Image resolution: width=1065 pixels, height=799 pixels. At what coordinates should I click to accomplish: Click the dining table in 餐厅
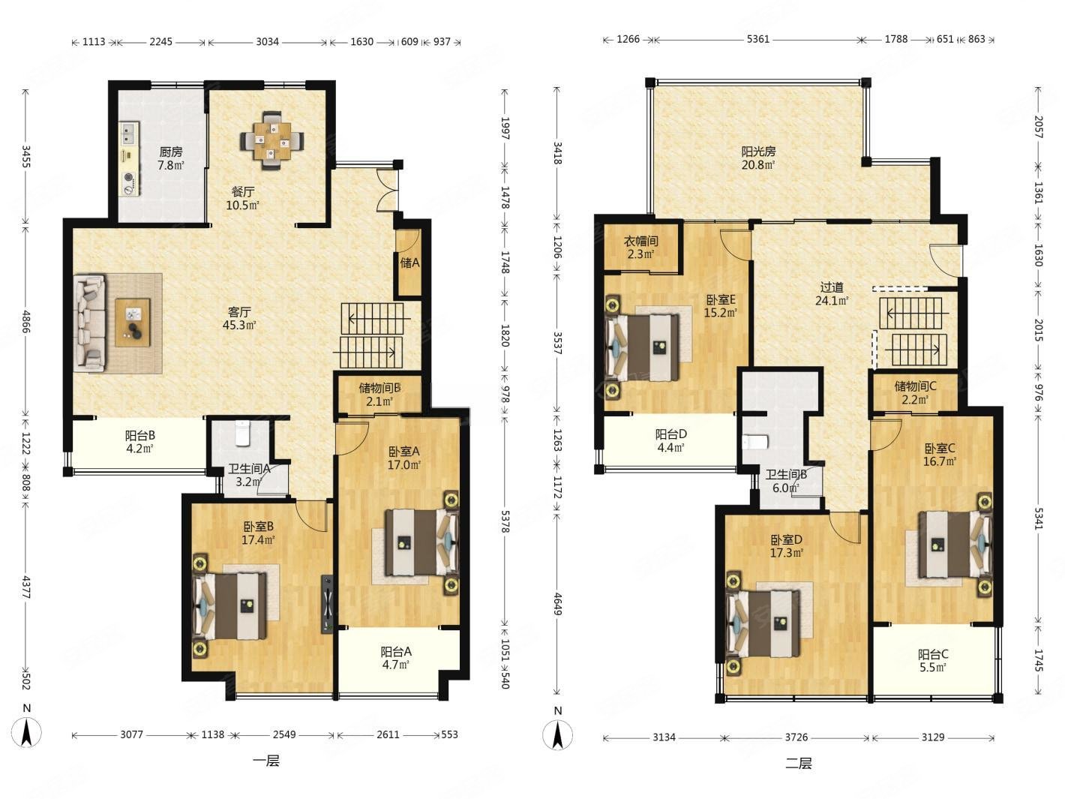[x=273, y=141]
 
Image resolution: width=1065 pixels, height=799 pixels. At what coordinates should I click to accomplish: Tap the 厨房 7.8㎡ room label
[x=171, y=158]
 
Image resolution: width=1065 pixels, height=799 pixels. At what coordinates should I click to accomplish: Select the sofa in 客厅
[x=90, y=323]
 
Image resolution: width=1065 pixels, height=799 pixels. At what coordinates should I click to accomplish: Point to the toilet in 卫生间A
[x=241, y=433]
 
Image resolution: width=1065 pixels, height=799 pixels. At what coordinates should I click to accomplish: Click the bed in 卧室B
[x=229, y=605]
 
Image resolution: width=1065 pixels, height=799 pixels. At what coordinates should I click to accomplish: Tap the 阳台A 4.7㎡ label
[x=396, y=658]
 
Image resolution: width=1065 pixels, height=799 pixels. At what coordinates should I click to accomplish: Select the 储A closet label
[x=409, y=263]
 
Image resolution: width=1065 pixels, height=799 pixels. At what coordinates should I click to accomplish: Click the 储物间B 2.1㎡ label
[x=379, y=395]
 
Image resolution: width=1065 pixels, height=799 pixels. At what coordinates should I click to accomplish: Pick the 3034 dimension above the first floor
[x=267, y=42]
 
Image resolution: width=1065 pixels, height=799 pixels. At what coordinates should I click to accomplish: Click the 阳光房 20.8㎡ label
[x=757, y=158]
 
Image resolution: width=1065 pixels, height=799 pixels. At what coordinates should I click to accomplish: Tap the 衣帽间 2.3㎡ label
[x=641, y=247]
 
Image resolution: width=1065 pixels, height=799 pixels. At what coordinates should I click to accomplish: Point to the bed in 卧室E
[x=643, y=347]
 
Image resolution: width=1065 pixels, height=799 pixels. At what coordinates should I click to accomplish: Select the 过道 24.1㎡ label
[x=832, y=294]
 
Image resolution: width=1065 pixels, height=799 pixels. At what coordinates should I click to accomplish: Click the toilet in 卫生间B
[x=755, y=442]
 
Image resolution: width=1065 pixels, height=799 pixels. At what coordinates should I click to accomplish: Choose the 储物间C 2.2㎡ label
[x=915, y=392]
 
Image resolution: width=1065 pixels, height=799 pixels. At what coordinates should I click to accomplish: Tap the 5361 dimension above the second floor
[x=757, y=39]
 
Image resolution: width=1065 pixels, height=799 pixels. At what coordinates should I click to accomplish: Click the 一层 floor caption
[x=266, y=761]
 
